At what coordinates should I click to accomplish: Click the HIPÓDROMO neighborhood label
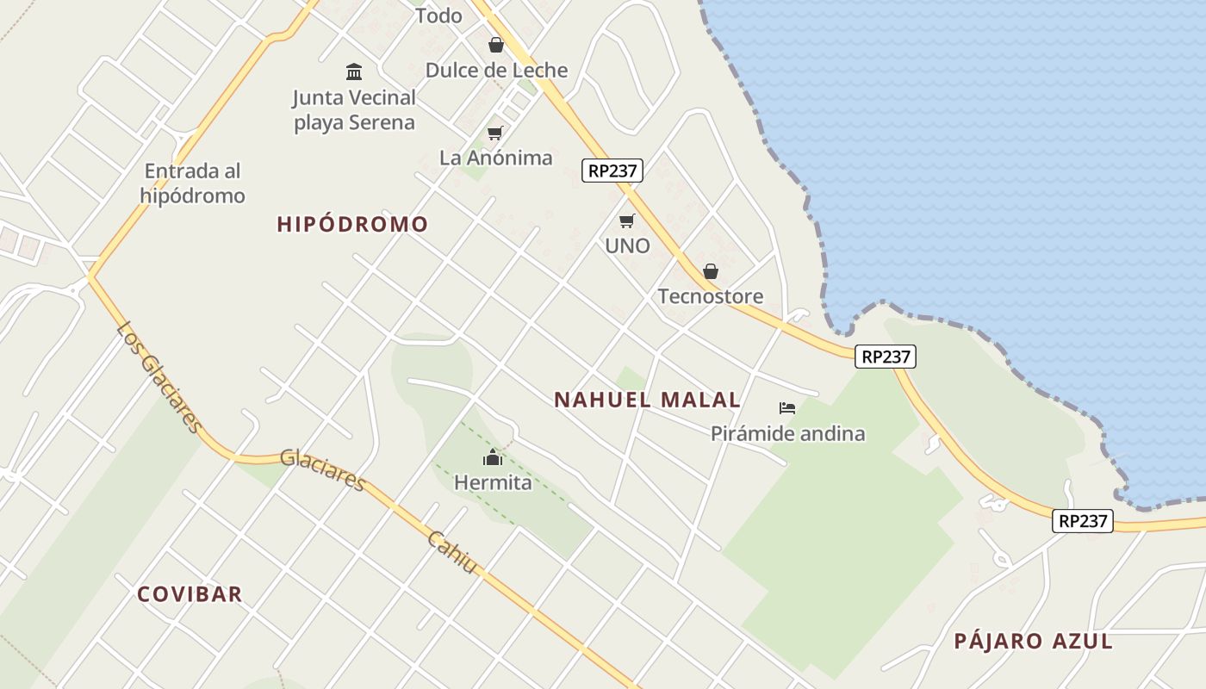coord(352,225)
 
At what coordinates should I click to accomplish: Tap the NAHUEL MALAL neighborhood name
coord(647,400)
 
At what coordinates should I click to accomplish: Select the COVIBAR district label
coord(190,594)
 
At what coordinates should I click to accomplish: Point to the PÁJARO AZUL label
coord(1033,641)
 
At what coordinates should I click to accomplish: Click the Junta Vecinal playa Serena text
coord(354,110)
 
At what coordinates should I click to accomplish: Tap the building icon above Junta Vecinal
coord(354,71)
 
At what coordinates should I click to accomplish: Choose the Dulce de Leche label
coord(496,71)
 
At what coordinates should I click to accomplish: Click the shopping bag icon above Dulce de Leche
coord(496,44)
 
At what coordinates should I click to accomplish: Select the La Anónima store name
coord(495,158)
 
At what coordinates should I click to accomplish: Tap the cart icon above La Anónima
coord(494,133)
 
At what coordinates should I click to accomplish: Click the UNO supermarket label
coord(627,246)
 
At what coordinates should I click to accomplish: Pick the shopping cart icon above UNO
coord(627,221)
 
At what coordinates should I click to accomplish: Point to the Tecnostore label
coord(711,297)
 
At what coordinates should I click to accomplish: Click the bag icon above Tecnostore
coord(711,272)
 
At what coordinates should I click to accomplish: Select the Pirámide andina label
coord(787,433)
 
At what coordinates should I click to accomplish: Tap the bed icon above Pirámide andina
coord(787,408)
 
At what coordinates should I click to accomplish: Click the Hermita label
coord(493,483)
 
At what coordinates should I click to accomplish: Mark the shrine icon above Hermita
coord(493,457)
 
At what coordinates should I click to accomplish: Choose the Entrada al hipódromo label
coord(193,183)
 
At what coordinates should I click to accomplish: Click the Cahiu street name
coord(452,551)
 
